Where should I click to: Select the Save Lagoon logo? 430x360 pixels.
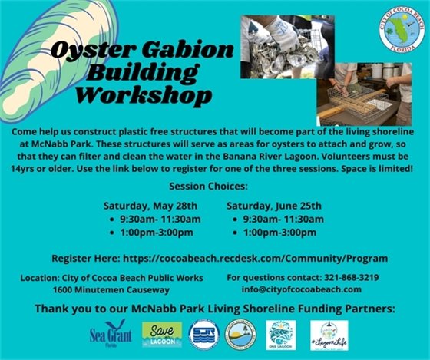point(162,334)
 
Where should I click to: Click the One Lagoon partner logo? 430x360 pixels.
point(280,334)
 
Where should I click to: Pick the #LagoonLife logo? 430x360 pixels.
point(329,334)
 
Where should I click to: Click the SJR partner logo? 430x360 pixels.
point(203,334)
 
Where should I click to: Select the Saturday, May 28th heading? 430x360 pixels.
point(150,206)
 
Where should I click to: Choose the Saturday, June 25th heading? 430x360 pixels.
point(273,206)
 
